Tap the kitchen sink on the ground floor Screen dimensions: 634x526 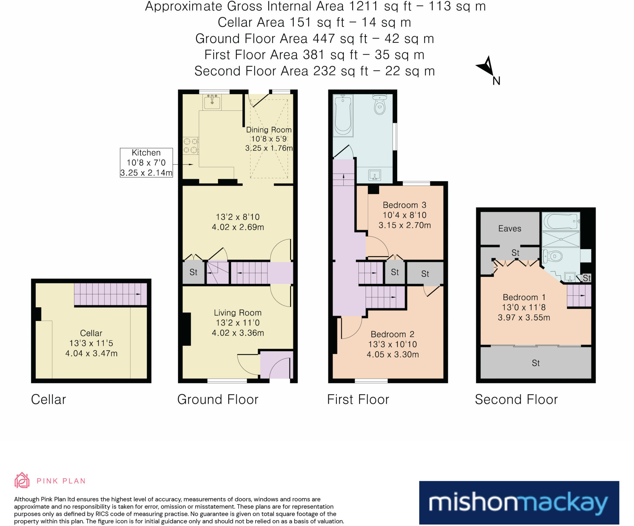pyautogui.click(x=212, y=102)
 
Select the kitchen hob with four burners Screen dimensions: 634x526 pyautogui.click(x=191, y=146)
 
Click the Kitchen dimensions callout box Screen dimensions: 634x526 pyautogui.click(x=146, y=162)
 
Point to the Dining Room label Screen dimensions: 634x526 pyautogui.click(x=269, y=130)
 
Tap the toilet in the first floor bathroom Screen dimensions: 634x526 pyautogui.click(x=380, y=104)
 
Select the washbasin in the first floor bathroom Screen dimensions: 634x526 pyautogui.click(x=375, y=175)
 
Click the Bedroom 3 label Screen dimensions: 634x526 pyautogui.click(x=405, y=205)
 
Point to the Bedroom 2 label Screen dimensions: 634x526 pyautogui.click(x=393, y=334)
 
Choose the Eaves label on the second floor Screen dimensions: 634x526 pyautogui.click(x=510, y=228)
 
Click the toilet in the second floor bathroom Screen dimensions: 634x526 pyautogui.click(x=553, y=256)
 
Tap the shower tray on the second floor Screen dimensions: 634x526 pyautogui.click(x=561, y=239)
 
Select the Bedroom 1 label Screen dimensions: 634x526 pyautogui.click(x=524, y=297)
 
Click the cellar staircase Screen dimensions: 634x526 pyautogui.click(x=111, y=294)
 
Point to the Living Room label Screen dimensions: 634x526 pyautogui.click(x=238, y=313)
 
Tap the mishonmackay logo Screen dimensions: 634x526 pyautogui.click(x=519, y=502)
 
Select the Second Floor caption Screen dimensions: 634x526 pyautogui.click(x=516, y=399)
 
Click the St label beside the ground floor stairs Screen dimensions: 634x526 pyautogui.click(x=193, y=272)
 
